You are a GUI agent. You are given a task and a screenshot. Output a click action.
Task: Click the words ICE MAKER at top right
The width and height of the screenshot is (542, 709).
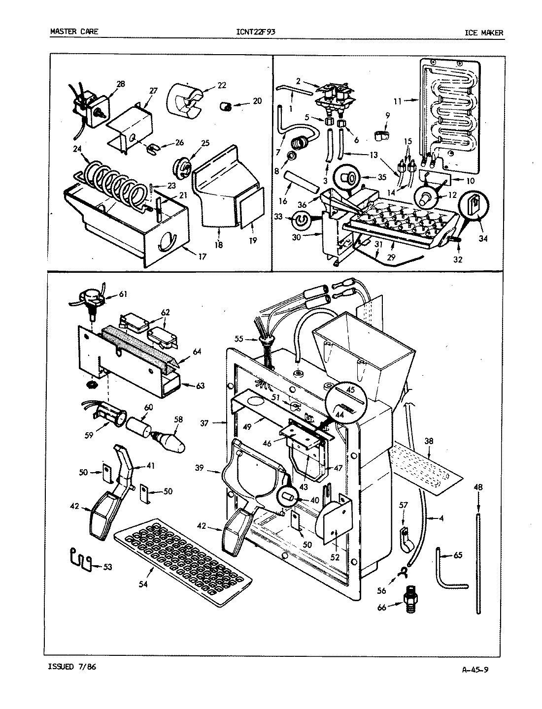(x=484, y=33)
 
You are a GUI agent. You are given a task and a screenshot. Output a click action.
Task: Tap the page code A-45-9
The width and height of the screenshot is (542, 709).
(x=475, y=669)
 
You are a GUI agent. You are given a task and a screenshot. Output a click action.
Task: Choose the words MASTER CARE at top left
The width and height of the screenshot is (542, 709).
(x=74, y=32)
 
